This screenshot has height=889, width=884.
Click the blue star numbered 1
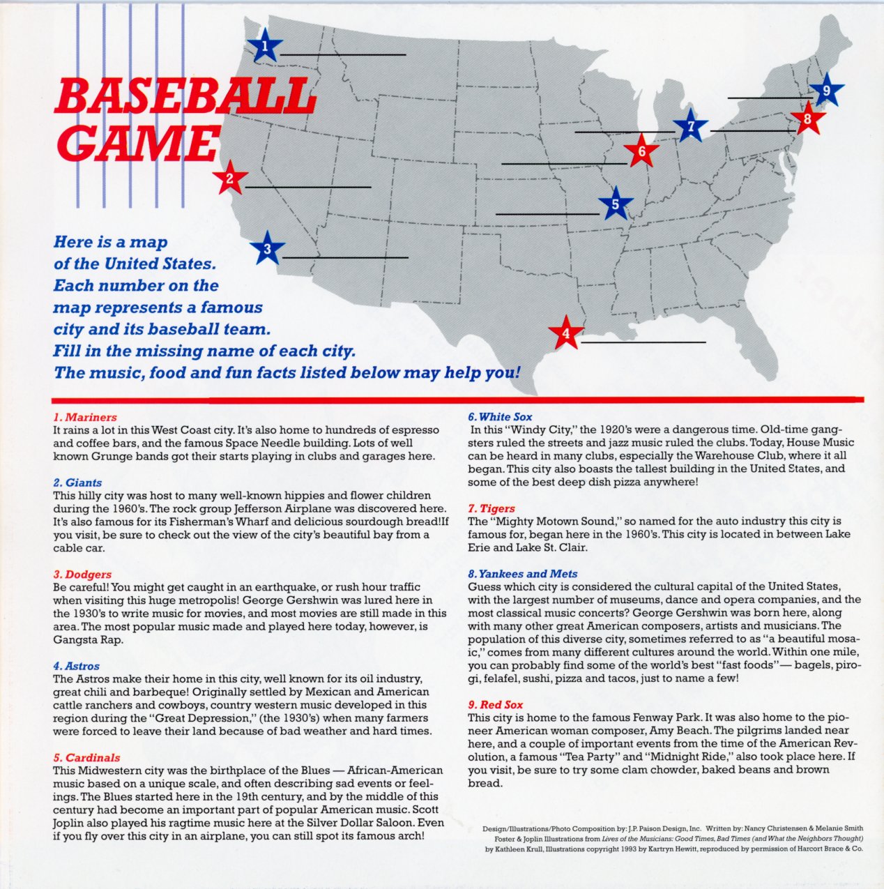tap(265, 47)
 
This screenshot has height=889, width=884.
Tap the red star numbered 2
tap(229, 179)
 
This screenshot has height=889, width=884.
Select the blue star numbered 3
tap(267, 249)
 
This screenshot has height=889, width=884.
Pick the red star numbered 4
tap(566, 334)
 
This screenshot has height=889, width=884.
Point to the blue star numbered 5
tap(615, 204)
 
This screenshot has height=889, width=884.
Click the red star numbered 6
tap(641, 151)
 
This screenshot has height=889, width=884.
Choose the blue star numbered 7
tap(691, 127)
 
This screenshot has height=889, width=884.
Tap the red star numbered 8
tap(807, 119)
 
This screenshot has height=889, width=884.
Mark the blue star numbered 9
tap(826, 90)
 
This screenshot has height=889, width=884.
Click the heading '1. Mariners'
tap(85, 417)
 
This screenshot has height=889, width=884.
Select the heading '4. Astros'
tap(77, 666)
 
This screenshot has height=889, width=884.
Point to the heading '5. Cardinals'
tap(86, 757)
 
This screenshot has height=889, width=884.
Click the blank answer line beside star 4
tap(643, 342)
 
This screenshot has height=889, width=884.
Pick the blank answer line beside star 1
tap(343, 54)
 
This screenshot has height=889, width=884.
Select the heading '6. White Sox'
tap(500, 417)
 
